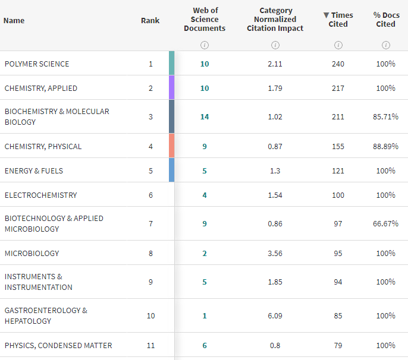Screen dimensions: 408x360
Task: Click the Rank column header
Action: point(150,20)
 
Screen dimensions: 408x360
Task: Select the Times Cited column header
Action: point(338,20)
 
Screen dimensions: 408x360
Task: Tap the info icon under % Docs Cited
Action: point(385,45)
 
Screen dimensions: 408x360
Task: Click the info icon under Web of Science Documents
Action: point(205,45)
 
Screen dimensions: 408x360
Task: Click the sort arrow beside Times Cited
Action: point(326,15)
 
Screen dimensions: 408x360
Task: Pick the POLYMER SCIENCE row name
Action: point(37,64)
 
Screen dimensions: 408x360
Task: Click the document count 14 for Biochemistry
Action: point(205,116)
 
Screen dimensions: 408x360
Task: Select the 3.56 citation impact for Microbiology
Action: point(275,254)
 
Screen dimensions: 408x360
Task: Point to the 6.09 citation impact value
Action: point(275,316)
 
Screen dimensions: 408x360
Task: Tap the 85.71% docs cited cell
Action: point(385,116)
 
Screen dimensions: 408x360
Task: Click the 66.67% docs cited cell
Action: point(385,223)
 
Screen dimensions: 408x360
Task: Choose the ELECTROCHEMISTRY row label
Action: point(41,195)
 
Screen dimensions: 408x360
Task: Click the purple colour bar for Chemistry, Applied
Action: point(171,87)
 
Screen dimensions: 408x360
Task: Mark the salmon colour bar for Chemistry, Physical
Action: point(171,146)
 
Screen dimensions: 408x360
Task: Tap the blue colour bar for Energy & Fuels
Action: point(171,170)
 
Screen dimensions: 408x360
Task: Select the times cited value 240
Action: point(338,64)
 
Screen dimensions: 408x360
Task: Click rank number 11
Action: point(150,345)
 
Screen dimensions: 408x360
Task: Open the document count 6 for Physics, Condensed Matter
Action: point(205,345)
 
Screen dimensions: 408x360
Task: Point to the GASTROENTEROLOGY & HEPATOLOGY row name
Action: point(46,315)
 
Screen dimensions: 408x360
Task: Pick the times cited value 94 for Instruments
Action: point(338,282)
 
